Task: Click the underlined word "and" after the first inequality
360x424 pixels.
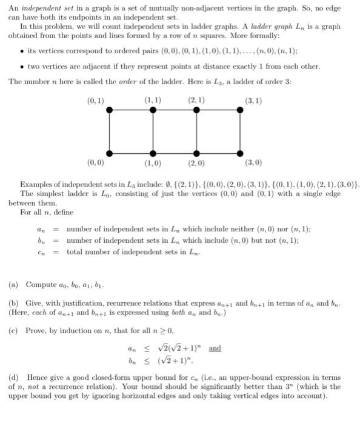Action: [x=215, y=349]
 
